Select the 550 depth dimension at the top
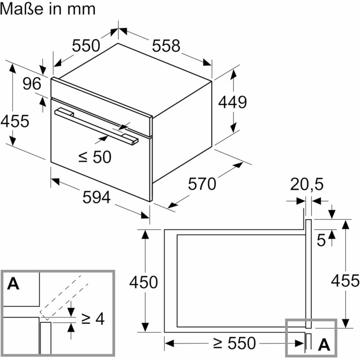tap(85, 46)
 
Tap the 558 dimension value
tap(166, 46)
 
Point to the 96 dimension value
tap(31, 83)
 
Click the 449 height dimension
tap(232, 102)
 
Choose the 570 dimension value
tap(203, 184)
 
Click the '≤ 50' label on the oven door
tap(95, 156)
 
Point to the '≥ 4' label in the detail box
tap(93, 319)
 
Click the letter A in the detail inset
tap(13, 283)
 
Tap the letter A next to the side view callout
tap(324, 344)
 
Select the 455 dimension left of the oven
tap(14, 121)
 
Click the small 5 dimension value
tap(321, 240)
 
